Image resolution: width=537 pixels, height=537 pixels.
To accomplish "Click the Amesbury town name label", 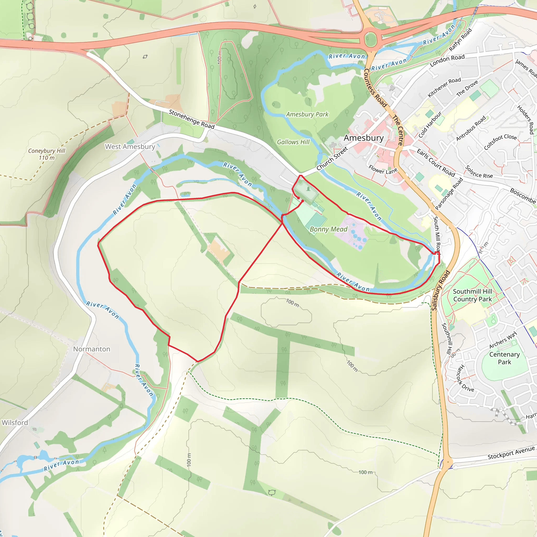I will (x=364, y=138).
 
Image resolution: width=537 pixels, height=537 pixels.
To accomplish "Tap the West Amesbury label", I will (x=130, y=147).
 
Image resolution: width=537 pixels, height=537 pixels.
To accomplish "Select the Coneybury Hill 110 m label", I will (x=47, y=154).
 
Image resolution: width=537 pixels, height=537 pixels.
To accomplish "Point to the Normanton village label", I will (x=92, y=349).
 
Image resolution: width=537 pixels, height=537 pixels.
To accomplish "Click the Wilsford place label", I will (x=15, y=422).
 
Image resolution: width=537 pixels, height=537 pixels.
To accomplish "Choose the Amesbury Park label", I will (x=307, y=114).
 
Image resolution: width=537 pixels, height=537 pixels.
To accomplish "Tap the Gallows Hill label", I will (x=293, y=142).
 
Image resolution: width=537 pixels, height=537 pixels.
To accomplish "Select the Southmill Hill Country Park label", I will (x=472, y=295).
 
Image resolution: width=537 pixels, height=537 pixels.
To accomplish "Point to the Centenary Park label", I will (x=504, y=358).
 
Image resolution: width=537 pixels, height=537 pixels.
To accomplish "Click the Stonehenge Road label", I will (x=191, y=119).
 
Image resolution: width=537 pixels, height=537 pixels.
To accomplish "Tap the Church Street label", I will (x=332, y=158).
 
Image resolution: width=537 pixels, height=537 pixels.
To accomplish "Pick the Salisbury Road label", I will (x=440, y=291).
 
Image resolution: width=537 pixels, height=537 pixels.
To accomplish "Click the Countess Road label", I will (x=375, y=88).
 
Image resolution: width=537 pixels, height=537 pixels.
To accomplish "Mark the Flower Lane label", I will (x=383, y=170).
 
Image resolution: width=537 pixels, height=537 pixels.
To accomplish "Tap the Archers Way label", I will (x=503, y=340).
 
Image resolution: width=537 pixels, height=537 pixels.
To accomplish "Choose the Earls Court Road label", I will (x=436, y=163).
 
